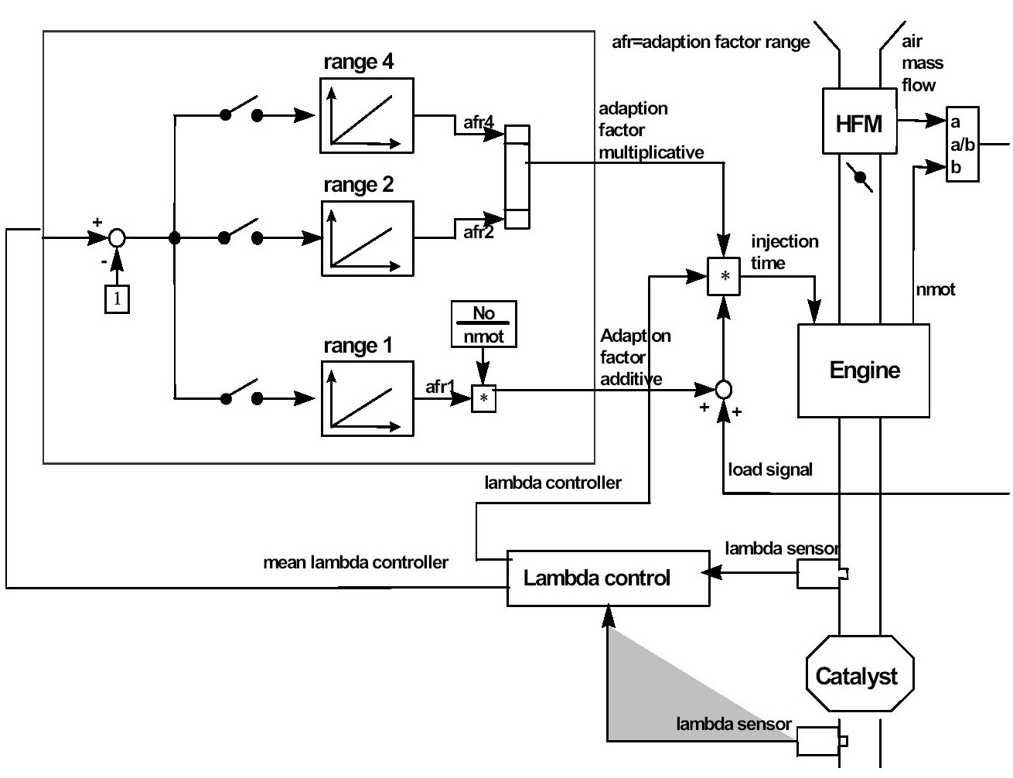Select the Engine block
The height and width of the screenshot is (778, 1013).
[x=864, y=370]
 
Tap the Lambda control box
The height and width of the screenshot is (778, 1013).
[x=608, y=578]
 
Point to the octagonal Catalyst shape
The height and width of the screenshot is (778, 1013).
[x=859, y=674]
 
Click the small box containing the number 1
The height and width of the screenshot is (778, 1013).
[x=117, y=299]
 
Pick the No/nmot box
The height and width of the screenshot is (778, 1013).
[x=483, y=324]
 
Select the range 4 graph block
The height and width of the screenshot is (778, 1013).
[x=367, y=114]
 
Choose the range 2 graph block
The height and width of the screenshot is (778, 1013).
[x=367, y=238]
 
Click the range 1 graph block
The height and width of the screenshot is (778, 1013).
[x=367, y=398]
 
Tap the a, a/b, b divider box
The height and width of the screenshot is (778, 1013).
[x=962, y=145]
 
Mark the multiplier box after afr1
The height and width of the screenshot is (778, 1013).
[x=483, y=398]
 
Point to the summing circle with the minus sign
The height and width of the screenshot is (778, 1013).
[x=117, y=238]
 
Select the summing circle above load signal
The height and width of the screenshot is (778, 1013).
[x=723, y=389]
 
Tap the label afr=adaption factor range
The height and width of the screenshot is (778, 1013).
[x=710, y=42]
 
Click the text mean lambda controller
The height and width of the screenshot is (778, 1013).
[x=356, y=562]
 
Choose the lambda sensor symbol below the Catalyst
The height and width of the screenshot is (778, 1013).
[x=820, y=741]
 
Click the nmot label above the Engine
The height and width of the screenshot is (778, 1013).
[x=936, y=290]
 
